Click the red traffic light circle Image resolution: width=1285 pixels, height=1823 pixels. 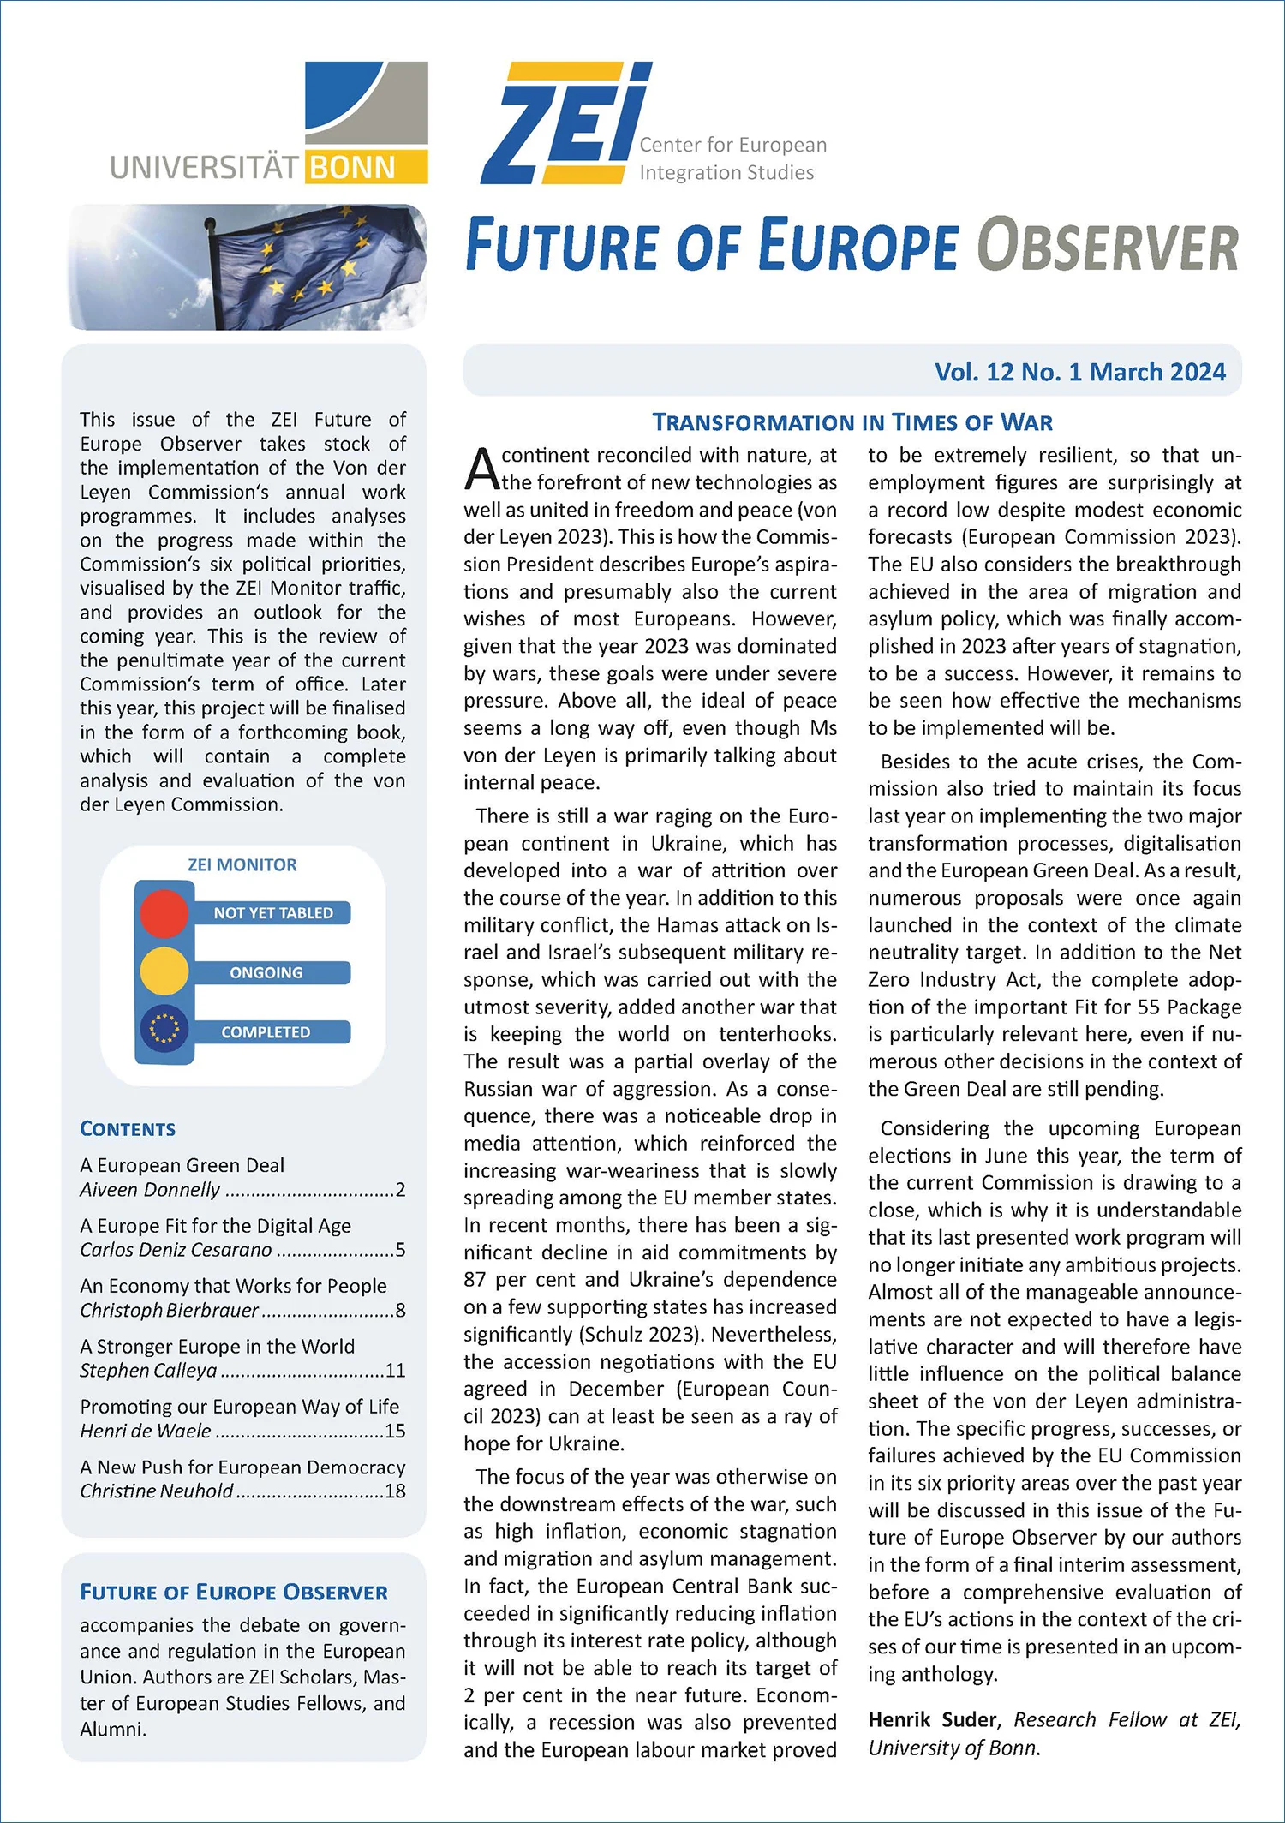tap(164, 912)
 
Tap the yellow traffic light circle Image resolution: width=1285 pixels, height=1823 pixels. tap(164, 971)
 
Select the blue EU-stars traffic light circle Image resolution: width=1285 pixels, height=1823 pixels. tap(164, 1031)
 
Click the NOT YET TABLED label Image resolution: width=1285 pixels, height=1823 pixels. tap(273, 913)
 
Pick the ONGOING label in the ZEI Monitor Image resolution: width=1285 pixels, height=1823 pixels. tap(266, 972)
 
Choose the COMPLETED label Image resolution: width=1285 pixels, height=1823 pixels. tap(266, 1032)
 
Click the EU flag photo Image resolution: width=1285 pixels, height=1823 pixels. tap(247, 266)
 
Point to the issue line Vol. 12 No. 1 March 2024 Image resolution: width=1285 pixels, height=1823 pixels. tap(1079, 372)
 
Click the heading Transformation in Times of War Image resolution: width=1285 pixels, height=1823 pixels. tap(852, 422)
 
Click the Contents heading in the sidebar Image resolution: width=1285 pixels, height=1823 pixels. tap(128, 1129)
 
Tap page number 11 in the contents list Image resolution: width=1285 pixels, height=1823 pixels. tap(395, 1371)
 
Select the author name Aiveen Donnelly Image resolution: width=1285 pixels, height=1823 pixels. tap(150, 1190)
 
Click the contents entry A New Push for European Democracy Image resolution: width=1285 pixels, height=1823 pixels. tap(242, 1467)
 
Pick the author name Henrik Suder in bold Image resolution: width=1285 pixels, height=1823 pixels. tap(932, 1719)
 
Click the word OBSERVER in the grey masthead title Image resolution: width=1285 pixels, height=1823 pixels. tap(1108, 246)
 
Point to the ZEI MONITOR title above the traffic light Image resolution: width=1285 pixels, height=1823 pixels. tap(242, 865)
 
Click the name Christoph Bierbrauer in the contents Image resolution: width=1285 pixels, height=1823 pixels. tap(169, 1311)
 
